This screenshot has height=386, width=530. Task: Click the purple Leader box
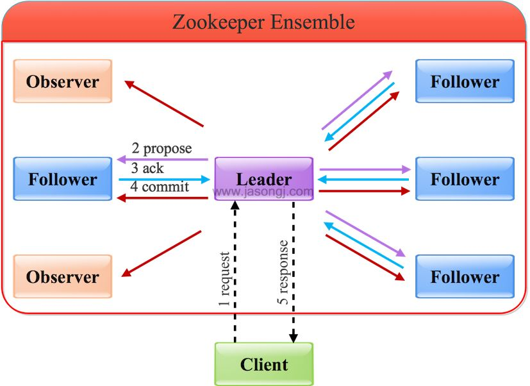coord(263,179)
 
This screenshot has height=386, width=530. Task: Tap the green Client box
coord(263,364)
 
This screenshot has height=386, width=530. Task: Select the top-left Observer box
coord(63,81)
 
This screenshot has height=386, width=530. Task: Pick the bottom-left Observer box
coord(63,276)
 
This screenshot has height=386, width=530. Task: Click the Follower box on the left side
coord(63,179)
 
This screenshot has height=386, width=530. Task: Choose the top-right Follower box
coord(465,81)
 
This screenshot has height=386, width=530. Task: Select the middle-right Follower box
coord(465,179)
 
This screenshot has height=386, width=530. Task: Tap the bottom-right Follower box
coord(465,276)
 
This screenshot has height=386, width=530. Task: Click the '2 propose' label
coord(161,149)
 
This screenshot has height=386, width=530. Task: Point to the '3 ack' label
coord(147,169)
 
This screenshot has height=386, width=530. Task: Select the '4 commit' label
coord(160,187)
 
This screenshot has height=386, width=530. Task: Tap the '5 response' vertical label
coord(283,273)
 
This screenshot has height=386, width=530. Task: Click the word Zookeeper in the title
coord(218,22)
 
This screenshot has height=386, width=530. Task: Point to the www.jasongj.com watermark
coord(263,191)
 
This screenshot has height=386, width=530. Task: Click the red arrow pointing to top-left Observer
coord(164,103)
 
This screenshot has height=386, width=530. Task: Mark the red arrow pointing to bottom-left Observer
coord(161,254)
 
